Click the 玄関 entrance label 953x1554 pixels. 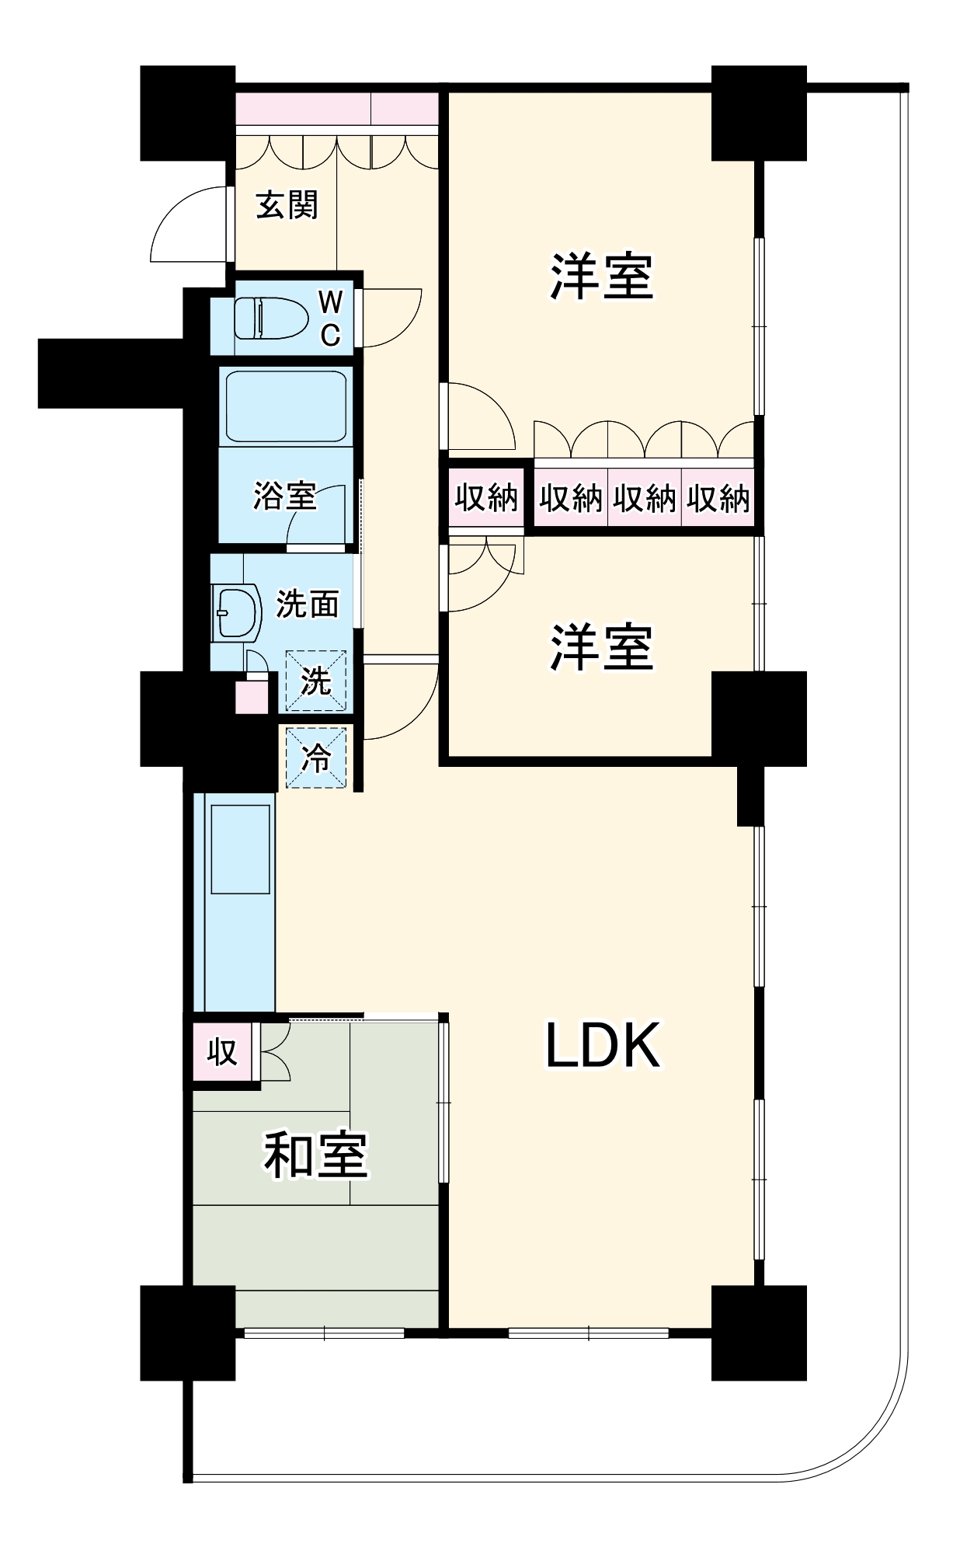point(287,205)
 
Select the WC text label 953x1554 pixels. point(330,319)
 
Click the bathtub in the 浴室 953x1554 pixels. point(286,406)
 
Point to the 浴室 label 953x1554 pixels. point(284,496)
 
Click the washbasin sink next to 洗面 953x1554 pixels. point(236,612)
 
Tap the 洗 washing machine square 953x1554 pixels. point(315,681)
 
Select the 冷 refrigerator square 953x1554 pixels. point(315,758)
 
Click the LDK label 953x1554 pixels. point(602,1046)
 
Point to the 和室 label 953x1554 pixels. point(315,1155)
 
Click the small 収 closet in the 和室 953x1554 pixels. point(221,1052)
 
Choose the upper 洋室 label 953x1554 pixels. point(602,277)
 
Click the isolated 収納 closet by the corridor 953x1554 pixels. point(486,497)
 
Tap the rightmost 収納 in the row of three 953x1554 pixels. point(718,498)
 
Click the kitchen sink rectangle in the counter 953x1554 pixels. point(240,849)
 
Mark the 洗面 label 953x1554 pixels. point(308,605)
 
